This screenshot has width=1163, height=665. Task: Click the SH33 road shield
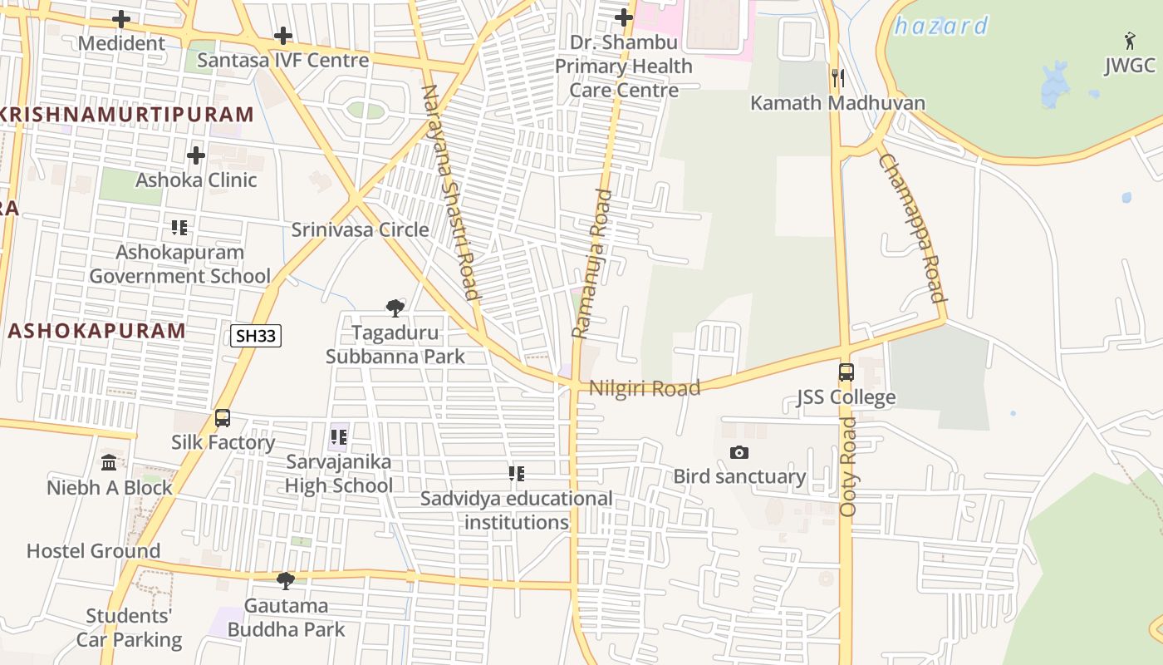[x=256, y=336]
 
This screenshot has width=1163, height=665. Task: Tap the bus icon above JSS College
[x=846, y=372]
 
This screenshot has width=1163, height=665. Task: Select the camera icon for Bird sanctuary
[x=739, y=452]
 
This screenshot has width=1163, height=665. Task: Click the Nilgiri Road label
[x=645, y=388]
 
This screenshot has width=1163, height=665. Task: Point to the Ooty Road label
[x=848, y=466]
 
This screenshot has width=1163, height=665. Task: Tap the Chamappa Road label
[x=912, y=229]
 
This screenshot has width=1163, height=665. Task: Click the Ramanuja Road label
[x=591, y=264]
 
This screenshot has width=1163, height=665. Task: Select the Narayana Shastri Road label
[x=451, y=192]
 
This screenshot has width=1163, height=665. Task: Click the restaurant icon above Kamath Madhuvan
[x=837, y=79]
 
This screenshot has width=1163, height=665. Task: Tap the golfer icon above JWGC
[x=1130, y=41]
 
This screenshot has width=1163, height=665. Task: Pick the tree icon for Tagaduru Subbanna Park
[x=395, y=308]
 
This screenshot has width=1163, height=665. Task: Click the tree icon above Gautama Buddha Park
[x=286, y=580]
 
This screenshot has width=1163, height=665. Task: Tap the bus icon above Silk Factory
[x=223, y=418]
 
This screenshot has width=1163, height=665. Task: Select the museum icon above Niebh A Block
[x=109, y=462]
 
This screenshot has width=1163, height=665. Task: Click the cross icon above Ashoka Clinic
[x=196, y=155]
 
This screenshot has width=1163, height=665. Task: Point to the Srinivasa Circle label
[x=360, y=229]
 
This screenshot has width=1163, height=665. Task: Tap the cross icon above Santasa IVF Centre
[x=283, y=36]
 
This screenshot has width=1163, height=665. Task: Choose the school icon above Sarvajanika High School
[x=338, y=436]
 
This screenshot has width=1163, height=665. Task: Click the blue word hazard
[x=940, y=26]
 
